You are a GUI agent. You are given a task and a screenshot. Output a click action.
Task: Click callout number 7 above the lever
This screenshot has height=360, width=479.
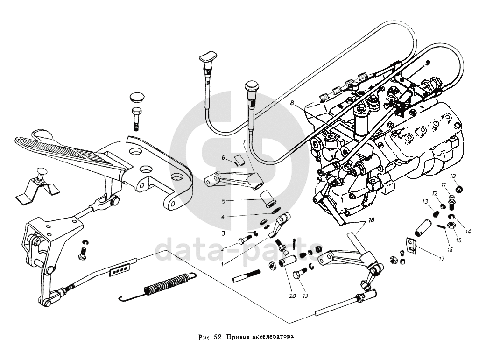243,142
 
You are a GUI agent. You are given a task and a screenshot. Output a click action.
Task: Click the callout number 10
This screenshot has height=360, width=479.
452,176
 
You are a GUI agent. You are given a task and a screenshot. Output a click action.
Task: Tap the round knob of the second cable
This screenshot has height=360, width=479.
252,87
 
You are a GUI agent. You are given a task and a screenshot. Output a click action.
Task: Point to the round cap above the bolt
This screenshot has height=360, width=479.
136,97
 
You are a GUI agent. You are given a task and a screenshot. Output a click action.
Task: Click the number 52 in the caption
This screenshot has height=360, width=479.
217,336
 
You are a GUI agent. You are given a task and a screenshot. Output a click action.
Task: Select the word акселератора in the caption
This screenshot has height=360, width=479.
272,336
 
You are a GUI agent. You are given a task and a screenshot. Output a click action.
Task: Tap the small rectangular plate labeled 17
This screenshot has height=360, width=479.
411,246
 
